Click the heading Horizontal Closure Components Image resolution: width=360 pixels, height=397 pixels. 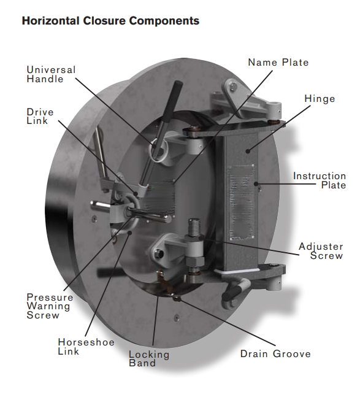pos(110,21)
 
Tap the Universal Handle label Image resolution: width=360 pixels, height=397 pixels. pos(51,74)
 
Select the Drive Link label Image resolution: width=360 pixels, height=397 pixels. pos(40,116)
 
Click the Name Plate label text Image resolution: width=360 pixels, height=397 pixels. pos(278,63)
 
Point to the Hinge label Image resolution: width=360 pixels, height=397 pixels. pos(320,99)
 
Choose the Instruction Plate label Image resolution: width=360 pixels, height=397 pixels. pos(320,180)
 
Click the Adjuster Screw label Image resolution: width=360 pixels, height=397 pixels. pos(321,251)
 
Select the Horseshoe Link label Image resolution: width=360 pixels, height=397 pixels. pos(86,347)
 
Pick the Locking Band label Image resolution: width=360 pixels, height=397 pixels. pos(149,358)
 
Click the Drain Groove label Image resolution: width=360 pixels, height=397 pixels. pos(275,353)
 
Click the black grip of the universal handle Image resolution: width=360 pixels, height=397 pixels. pos(173,101)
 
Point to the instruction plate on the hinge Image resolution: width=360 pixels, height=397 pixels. pos(241,202)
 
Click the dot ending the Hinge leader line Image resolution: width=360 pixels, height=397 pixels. pos(248,151)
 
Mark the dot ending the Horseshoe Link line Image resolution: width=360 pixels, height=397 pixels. pos(130,232)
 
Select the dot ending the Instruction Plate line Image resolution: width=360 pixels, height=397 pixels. pos(256,183)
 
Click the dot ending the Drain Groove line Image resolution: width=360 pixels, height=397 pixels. pos(177,299)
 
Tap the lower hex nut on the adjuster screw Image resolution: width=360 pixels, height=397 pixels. pos(194,261)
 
